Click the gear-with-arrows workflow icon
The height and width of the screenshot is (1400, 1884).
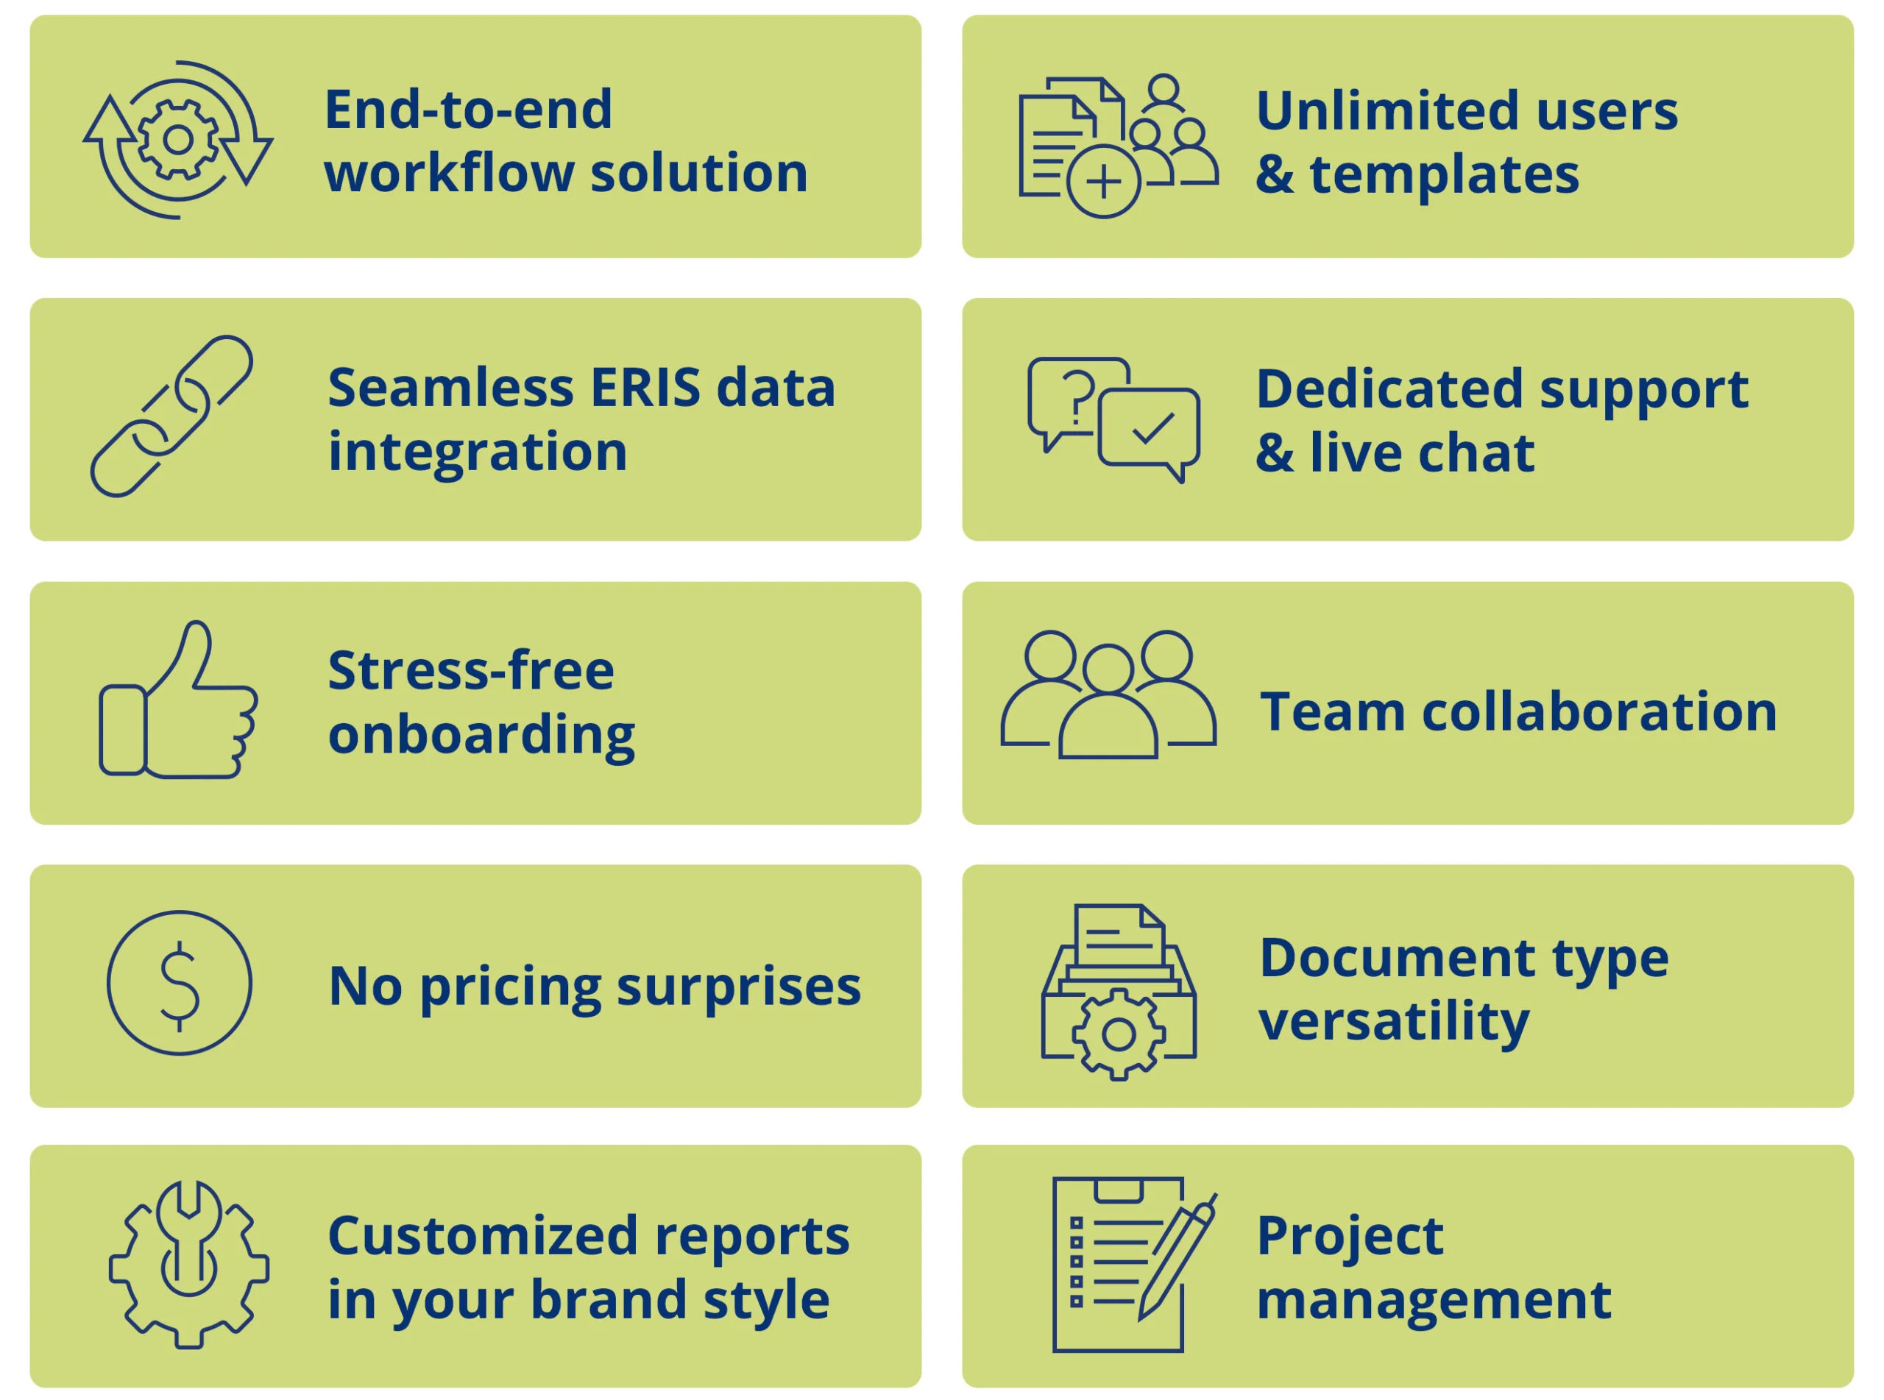pyautogui.click(x=178, y=140)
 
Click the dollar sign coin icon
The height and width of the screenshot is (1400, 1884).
pyautogui.click(x=180, y=982)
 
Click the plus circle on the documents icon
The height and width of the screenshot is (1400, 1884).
pyautogui.click(x=1103, y=182)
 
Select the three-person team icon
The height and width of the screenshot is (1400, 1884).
pyautogui.click(x=1108, y=695)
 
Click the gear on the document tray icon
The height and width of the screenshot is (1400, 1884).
pyautogui.click(x=1119, y=1034)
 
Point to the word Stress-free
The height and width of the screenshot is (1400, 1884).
pyautogui.click(x=471, y=670)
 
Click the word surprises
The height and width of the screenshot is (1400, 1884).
pyautogui.click(x=738, y=987)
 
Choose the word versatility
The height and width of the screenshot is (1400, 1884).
pyautogui.click(x=1394, y=1022)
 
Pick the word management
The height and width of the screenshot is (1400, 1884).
pyautogui.click(x=1434, y=1301)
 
